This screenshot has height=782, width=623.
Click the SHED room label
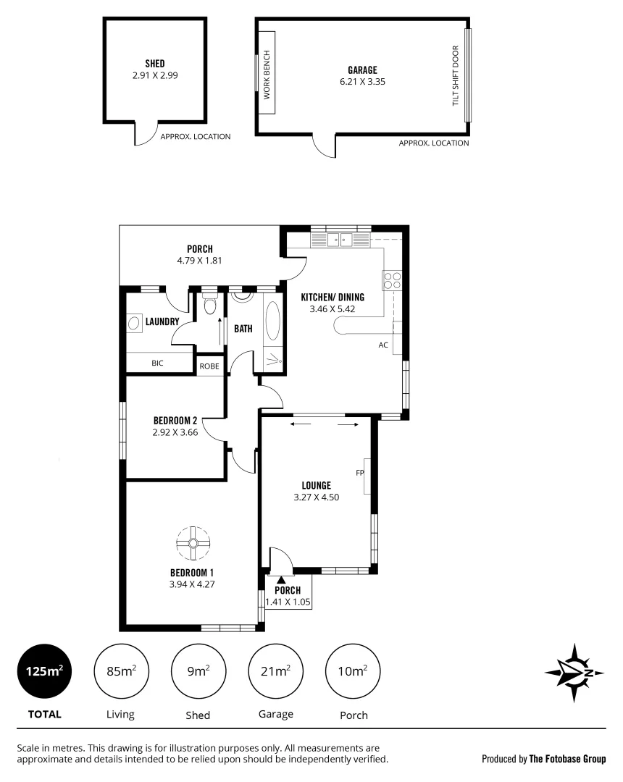pos(154,63)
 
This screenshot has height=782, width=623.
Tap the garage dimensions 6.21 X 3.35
pos(362,82)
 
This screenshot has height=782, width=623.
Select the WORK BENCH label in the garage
pos(267,75)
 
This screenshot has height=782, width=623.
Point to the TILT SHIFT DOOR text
pos(456,76)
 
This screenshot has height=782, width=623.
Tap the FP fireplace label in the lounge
pos(359,474)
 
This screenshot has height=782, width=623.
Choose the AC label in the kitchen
pos(383,345)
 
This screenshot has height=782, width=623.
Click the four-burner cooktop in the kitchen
pos(392,280)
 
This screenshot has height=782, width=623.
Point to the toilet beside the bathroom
pos(210,306)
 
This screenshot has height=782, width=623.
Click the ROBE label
pos(209,366)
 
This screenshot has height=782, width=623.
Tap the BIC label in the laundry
pos(157,363)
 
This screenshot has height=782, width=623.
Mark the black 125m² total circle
pos(44,671)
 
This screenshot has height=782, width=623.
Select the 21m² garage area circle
pos(276,671)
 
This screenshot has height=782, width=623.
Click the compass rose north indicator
pos(574,673)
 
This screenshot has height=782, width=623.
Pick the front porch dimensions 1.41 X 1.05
pos(288,600)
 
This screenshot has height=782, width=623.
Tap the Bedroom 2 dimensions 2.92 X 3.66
pos(175,432)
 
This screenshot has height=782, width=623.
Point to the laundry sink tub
pos(135,322)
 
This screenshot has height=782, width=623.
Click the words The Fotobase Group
pos(567,759)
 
